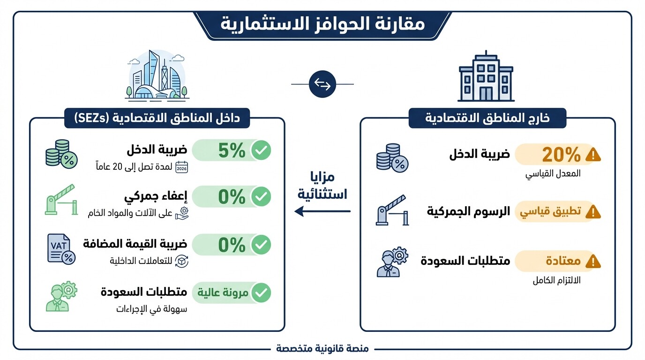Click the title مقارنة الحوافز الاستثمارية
[x=322, y=23]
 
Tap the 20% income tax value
[x=555, y=154]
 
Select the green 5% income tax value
[x=232, y=150]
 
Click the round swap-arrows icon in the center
[x=322, y=84]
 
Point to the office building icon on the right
[x=486, y=77]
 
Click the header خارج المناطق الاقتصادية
[x=487, y=118]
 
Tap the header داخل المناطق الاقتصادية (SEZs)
[x=157, y=118]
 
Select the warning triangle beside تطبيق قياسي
[x=593, y=212]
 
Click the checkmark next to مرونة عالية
[x=261, y=293]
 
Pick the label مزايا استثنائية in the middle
[x=322, y=186]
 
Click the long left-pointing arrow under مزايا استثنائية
[x=322, y=211]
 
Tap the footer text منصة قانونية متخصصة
[x=322, y=349]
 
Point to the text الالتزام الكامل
[x=556, y=281]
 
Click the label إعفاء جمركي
[x=156, y=197]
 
